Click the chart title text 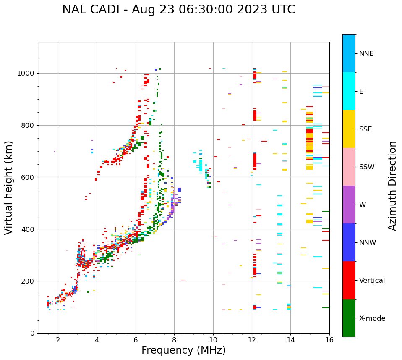click(178, 10)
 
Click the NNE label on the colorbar click(366, 54)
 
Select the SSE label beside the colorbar click(365, 129)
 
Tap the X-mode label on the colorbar click(372, 318)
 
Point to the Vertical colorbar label click(372, 281)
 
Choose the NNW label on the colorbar click(368, 243)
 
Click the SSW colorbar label click(367, 167)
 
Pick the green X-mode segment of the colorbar click(349, 318)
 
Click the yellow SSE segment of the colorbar click(349, 129)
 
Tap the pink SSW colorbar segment click(349, 167)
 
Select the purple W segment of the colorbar click(349, 205)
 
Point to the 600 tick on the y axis click(29, 177)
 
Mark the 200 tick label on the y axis click(29, 281)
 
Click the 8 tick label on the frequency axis click(174, 340)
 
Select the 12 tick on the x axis click(252, 340)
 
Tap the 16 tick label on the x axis click(329, 340)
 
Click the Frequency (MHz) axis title click(183, 350)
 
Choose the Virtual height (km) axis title click(9, 188)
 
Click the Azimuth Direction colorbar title click(392, 186)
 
